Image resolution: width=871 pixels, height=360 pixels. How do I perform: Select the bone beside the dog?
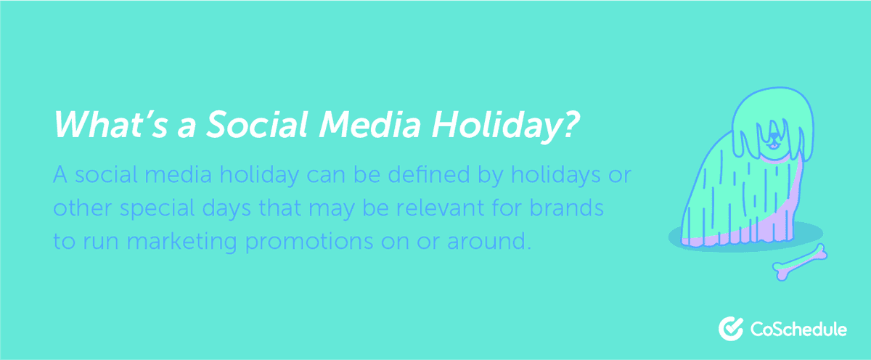pos(801,262)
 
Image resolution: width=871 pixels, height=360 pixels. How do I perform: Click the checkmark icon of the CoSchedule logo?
pos(729,328)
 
